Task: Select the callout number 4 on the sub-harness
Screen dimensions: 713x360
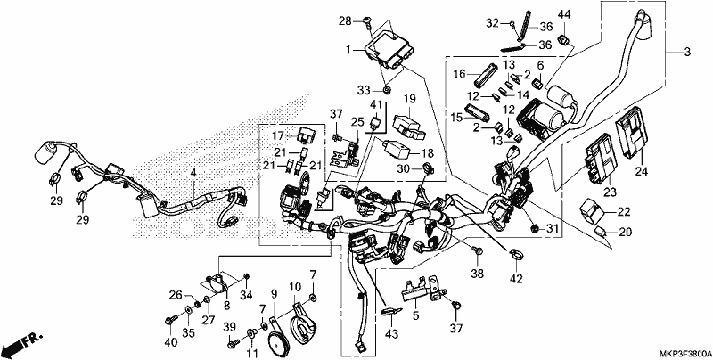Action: click(x=193, y=173)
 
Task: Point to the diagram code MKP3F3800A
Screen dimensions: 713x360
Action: click(x=685, y=354)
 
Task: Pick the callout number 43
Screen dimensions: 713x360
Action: click(x=391, y=334)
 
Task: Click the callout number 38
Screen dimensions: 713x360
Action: click(x=478, y=274)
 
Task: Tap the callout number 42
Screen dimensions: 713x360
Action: click(x=517, y=277)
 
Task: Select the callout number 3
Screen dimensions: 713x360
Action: click(x=687, y=53)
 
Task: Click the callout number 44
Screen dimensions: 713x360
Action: click(x=564, y=14)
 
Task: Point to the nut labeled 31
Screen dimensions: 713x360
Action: click(x=536, y=227)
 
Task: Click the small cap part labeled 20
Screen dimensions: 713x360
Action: click(x=601, y=233)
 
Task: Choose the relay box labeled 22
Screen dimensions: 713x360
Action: click(x=591, y=209)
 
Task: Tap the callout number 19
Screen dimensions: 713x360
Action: click(x=410, y=98)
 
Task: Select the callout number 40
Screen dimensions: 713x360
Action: click(x=170, y=342)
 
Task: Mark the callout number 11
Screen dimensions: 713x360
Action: click(x=252, y=353)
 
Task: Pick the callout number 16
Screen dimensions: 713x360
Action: click(x=460, y=73)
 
